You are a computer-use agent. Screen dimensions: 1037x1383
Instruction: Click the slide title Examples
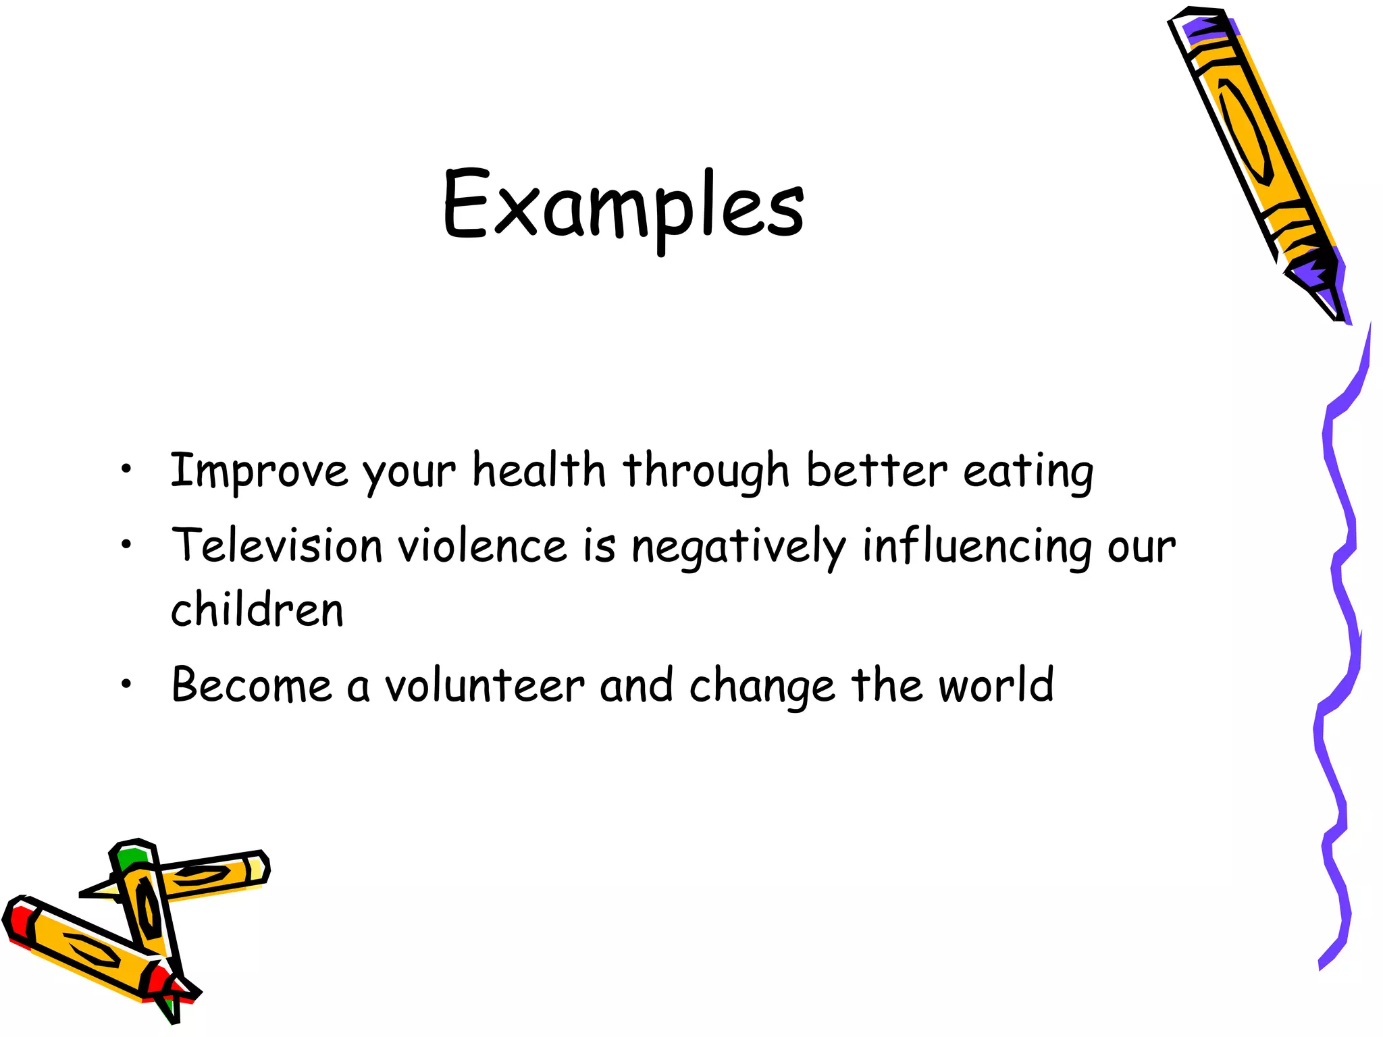623,205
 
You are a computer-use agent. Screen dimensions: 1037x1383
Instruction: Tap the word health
538,471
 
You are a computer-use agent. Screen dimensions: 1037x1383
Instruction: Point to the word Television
277,545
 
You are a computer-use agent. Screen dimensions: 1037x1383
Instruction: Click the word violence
482,545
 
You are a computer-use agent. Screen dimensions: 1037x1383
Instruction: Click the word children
257,609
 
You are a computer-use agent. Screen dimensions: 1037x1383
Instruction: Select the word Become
251,685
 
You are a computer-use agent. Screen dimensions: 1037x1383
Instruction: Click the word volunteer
484,685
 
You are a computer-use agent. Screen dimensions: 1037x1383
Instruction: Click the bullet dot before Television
126,544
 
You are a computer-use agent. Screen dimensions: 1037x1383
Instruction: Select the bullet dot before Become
126,685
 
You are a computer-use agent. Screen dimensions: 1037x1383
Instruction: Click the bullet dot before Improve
126,469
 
